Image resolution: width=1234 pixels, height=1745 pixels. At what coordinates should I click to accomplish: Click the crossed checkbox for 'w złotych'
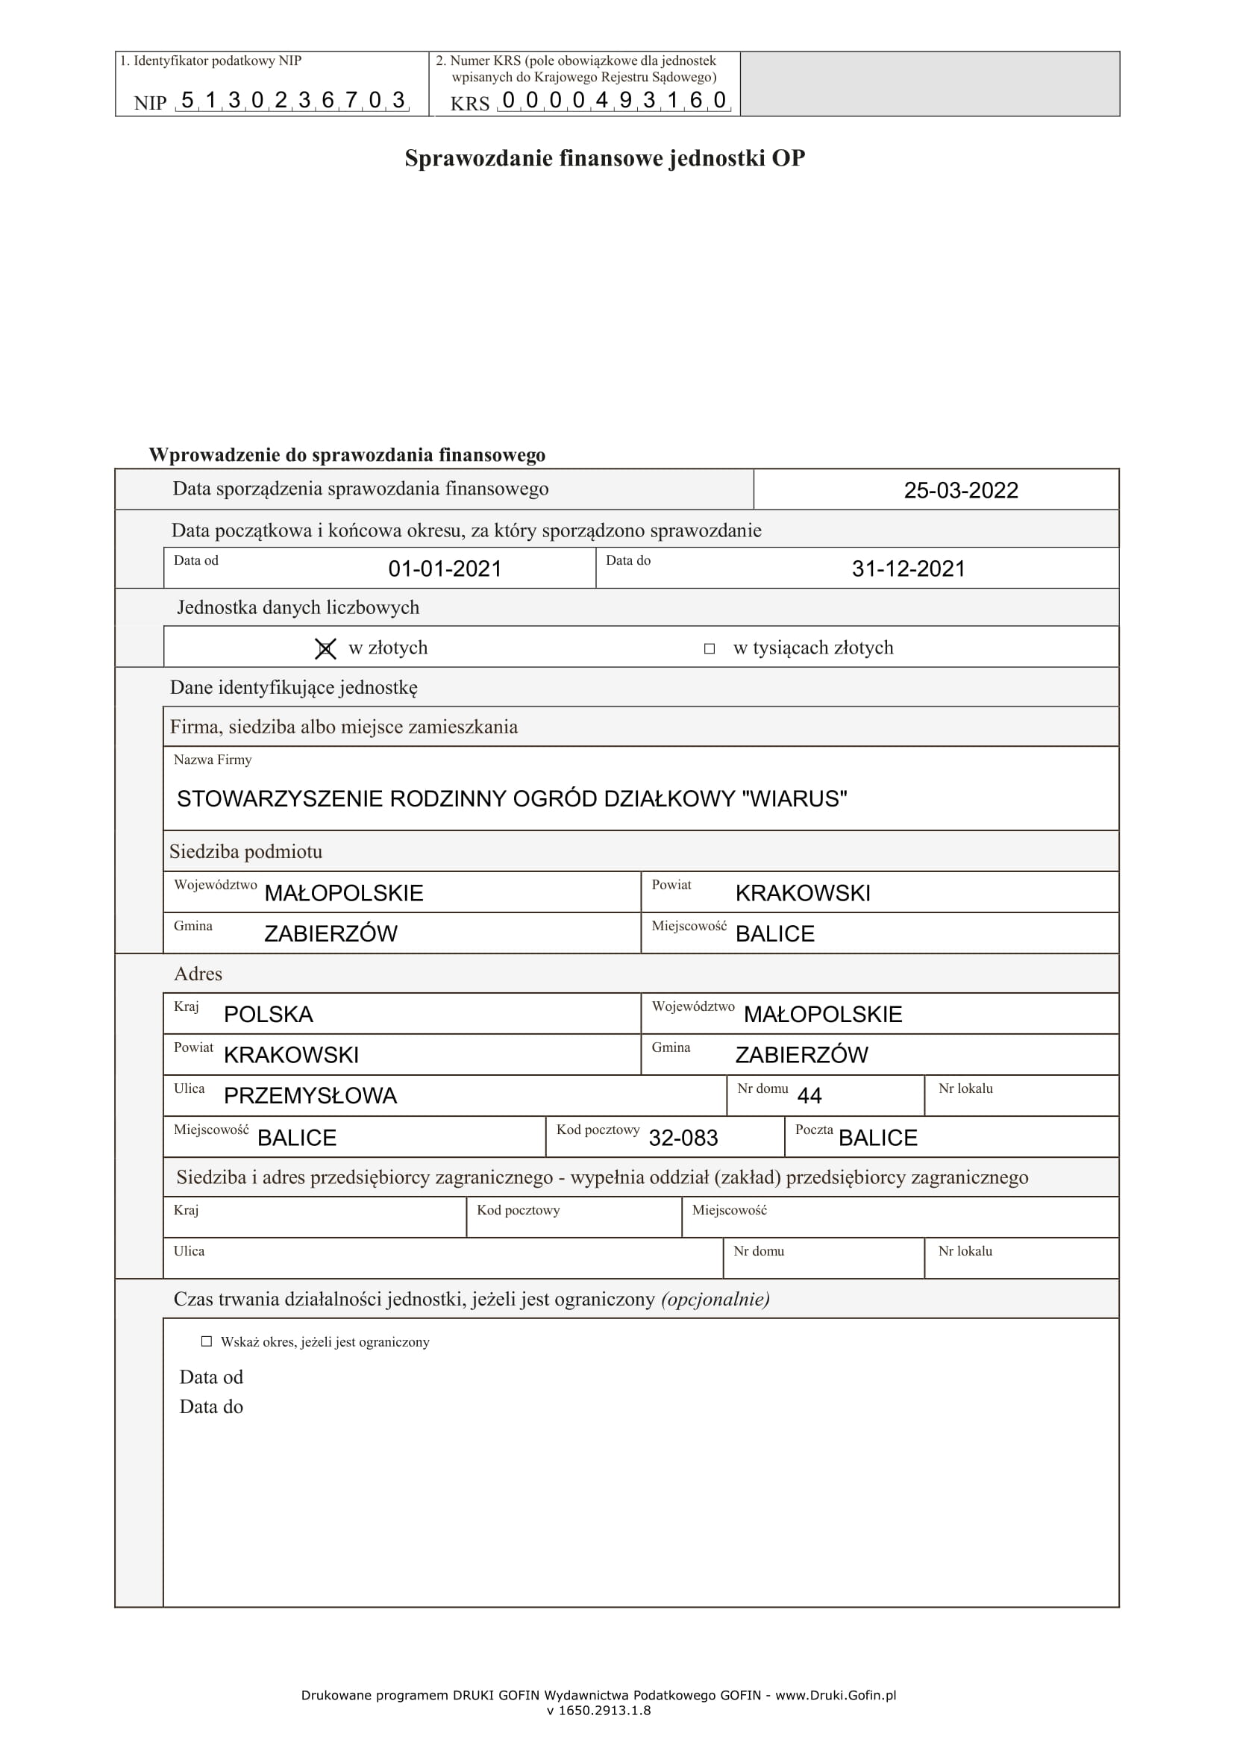[325, 648]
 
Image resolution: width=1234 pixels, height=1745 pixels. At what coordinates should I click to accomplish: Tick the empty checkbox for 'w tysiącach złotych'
[709, 648]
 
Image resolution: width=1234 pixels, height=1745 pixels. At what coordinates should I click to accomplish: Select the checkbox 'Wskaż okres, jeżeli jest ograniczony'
[206, 1341]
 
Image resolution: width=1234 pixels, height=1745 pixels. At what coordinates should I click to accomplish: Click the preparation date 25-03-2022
[960, 490]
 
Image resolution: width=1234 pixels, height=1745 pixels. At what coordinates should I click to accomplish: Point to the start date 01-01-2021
[445, 568]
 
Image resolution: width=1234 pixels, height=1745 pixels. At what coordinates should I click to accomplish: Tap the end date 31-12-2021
[908, 568]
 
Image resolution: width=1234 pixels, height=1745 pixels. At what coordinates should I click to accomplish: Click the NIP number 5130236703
[292, 99]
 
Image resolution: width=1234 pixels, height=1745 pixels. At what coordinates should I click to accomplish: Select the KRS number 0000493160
[614, 99]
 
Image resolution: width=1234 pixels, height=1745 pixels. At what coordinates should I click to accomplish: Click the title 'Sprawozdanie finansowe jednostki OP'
[604, 158]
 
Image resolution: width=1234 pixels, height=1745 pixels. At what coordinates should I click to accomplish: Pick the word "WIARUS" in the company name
[794, 799]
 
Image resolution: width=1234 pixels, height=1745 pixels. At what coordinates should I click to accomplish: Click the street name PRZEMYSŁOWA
[310, 1095]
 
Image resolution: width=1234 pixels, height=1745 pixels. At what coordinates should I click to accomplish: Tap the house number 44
[809, 1095]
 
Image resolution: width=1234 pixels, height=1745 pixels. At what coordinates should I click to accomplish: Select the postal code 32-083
[683, 1138]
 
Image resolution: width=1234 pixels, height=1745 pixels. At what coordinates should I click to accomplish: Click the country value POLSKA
[269, 1014]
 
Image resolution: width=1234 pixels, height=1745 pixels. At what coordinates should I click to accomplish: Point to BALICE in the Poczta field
[877, 1138]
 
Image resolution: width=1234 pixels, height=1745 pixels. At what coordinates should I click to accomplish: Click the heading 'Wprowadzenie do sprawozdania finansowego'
[346, 454]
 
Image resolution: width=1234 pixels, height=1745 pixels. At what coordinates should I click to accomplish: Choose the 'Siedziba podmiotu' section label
[245, 851]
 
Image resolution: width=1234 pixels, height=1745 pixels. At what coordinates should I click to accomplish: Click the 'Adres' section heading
[198, 974]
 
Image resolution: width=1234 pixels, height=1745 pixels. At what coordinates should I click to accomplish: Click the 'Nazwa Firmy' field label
[212, 759]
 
